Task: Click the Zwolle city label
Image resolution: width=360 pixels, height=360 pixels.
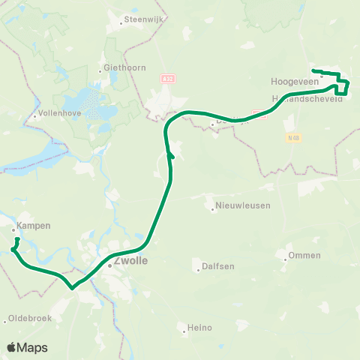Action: point(132,262)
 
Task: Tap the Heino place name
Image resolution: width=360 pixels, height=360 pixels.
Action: point(201,328)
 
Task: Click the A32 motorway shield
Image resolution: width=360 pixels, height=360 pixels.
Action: point(168,77)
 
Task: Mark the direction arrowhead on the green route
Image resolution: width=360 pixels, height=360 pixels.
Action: point(171,154)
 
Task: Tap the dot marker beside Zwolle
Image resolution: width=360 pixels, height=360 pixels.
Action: point(109,265)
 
